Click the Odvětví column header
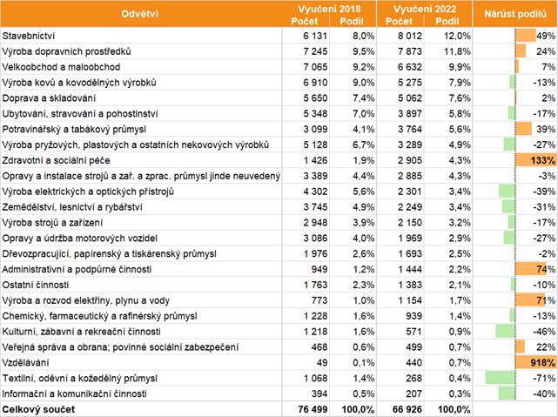point(140,14)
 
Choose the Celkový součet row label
point(40,408)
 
